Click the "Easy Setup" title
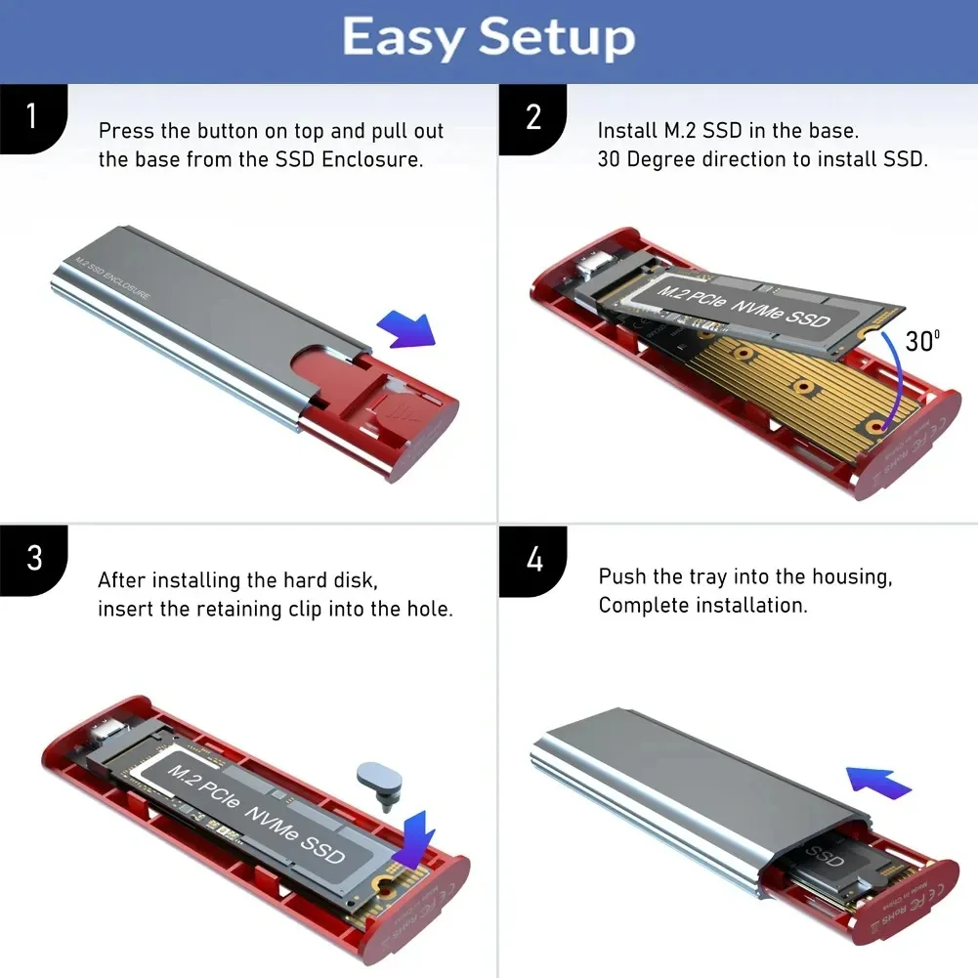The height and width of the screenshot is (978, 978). [x=489, y=38]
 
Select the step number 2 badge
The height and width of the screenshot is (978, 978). [x=532, y=117]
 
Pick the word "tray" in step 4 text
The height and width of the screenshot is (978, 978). [x=705, y=576]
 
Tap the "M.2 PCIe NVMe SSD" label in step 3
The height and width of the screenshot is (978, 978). [x=256, y=812]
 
